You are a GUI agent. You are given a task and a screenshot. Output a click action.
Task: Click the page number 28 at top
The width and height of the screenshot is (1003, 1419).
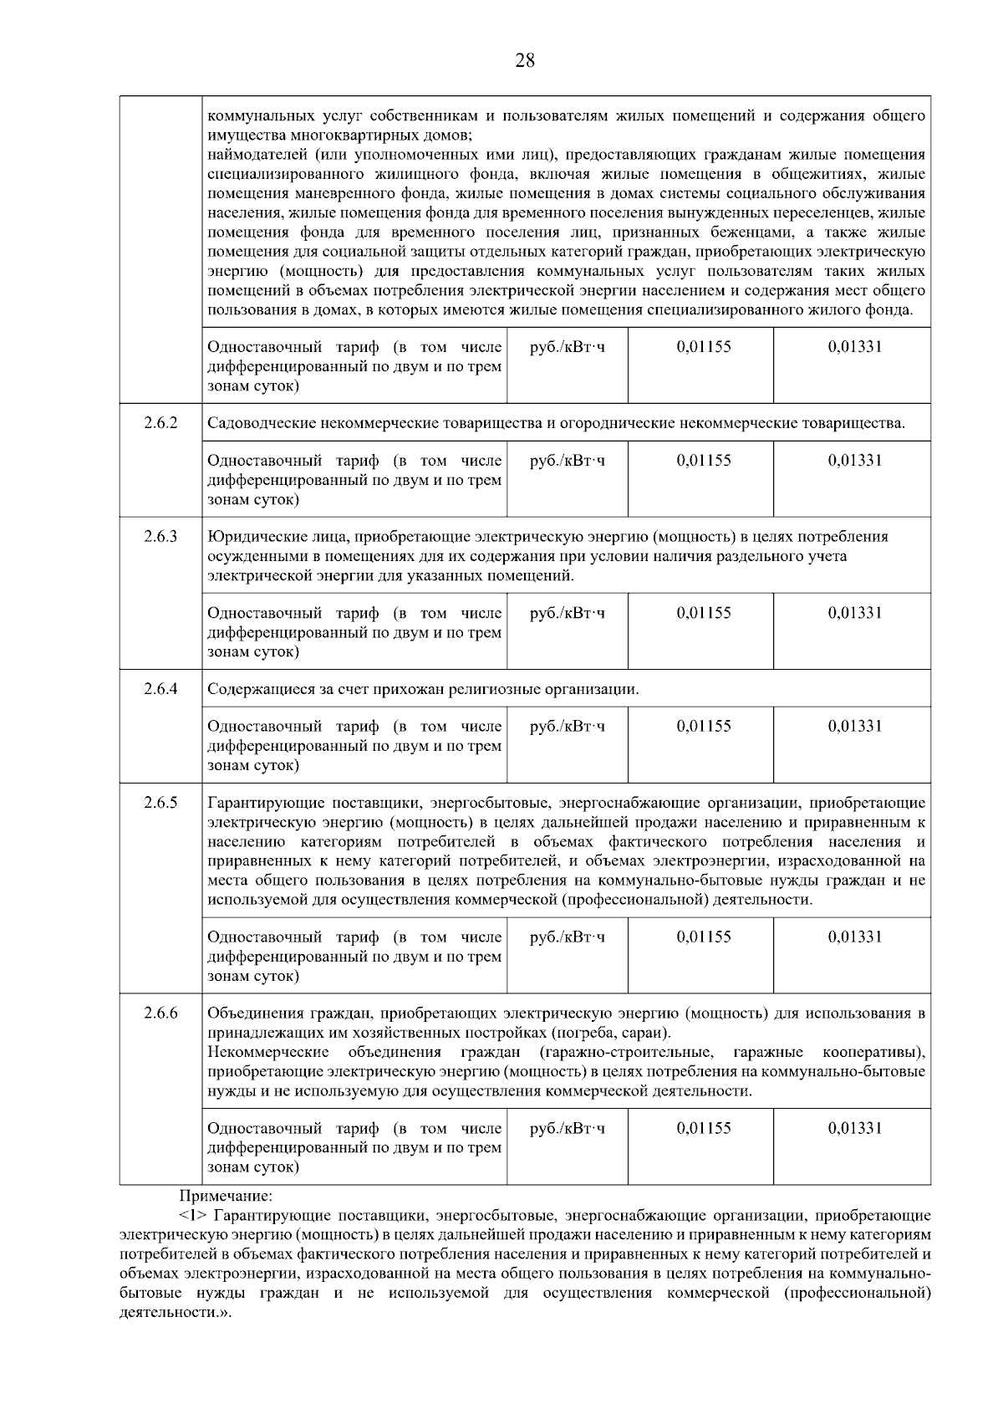(x=525, y=61)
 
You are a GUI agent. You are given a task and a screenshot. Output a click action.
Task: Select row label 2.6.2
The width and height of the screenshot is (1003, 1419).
(x=160, y=422)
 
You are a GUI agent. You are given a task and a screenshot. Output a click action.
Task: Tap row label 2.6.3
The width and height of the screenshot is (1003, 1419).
(x=160, y=536)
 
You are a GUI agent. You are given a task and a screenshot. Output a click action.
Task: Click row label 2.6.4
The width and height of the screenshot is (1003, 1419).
(x=160, y=689)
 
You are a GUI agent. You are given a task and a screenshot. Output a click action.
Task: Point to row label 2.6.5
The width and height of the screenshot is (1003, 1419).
(x=160, y=803)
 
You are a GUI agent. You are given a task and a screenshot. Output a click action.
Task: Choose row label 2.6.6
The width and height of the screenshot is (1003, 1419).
(x=160, y=1013)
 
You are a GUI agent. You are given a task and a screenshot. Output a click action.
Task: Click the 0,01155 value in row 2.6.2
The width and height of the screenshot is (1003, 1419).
(x=703, y=461)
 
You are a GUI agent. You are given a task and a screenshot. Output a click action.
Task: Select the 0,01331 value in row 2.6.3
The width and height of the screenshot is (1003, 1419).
(x=854, y=613)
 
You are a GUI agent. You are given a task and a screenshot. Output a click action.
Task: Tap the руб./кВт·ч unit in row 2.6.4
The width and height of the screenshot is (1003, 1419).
(x=568, y=727)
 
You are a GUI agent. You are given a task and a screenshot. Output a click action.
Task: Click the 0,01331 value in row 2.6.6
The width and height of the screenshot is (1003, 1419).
(x=854, y=1128)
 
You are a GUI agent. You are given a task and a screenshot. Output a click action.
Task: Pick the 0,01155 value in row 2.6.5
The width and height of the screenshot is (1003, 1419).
(x=703, y=937)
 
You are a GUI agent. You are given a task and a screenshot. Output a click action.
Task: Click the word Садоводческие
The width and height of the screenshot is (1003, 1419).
(x=257, y=423)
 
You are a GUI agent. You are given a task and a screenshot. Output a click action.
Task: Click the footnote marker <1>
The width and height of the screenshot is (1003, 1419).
(x=193, y=1216)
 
